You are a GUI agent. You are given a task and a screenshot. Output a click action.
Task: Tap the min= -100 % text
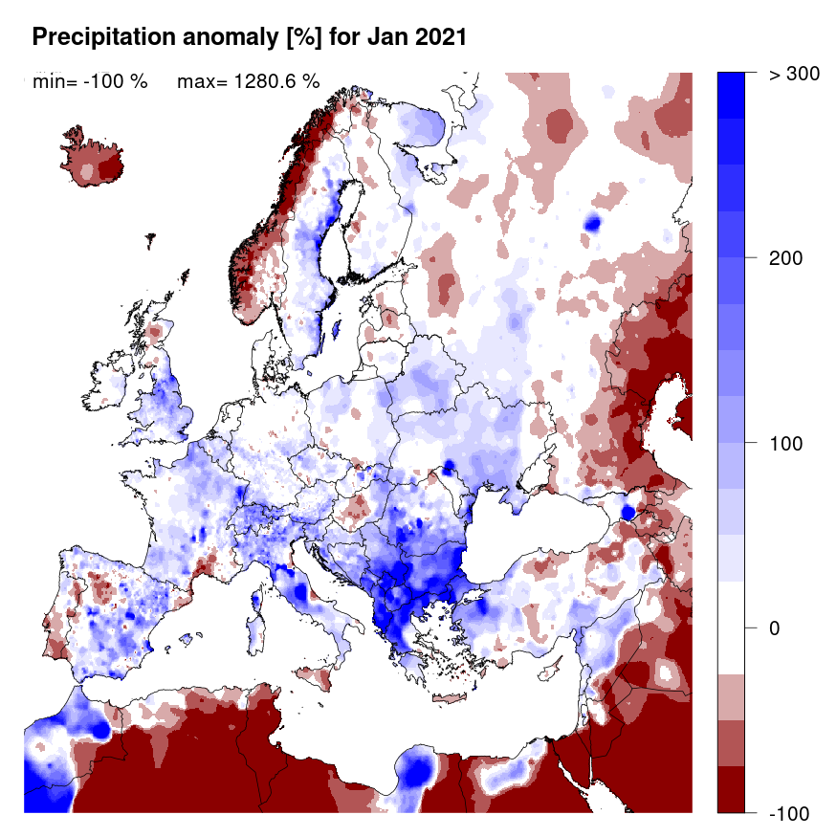(90, 81)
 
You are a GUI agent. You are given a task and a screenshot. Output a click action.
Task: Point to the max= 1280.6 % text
(248, 81)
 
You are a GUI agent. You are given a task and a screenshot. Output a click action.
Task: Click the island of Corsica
(256, 601)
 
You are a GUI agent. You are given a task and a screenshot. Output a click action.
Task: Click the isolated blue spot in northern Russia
(593, 224)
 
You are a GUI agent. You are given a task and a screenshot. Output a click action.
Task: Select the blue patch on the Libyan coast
(415, 769)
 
